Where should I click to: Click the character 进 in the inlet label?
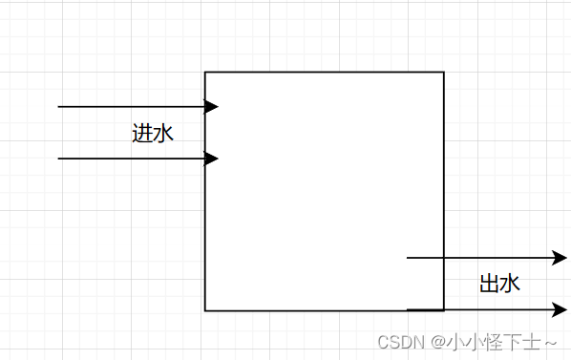pos(142,134)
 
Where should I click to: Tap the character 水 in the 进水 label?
pos(163,134)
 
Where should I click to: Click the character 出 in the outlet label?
pos(490,284)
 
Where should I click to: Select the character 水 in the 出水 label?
pos(511,284)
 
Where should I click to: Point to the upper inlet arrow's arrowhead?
pos(213,107)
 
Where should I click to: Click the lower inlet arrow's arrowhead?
pos(213,159)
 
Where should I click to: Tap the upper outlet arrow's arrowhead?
pos(561,258)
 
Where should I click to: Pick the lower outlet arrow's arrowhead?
pos(561,309)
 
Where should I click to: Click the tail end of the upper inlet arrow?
pos(59,107)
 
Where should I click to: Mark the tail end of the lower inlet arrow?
pos(59,159)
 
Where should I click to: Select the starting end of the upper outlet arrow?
pos(408,258)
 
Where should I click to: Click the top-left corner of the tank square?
pos(205,72)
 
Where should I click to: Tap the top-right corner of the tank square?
pos(444,72)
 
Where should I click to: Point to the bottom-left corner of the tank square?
pos(205,310)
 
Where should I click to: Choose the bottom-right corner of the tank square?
pos(444,310)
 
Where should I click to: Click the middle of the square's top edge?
pos(325,72)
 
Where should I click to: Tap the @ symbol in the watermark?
pos(435,342)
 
